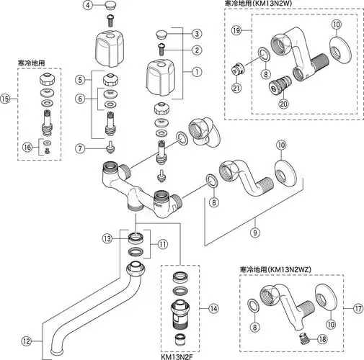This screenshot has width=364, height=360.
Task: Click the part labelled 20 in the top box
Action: [x=276, y=89]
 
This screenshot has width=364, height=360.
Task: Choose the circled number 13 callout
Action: [x=107, y=237]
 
